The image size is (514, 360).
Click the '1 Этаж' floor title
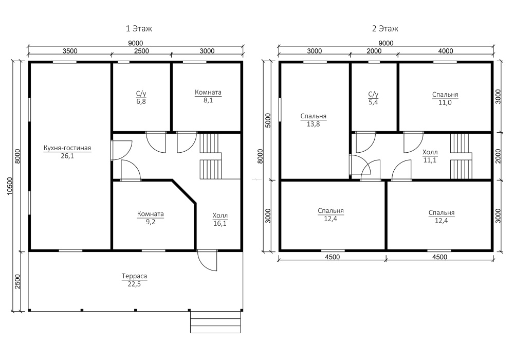(139, 28)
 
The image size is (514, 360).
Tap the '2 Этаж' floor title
(385, 28)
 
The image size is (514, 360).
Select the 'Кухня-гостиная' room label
(67, 148)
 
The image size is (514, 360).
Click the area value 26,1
(67, 156)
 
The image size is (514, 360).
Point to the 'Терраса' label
(134, 276)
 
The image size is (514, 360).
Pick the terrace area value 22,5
(134, 284)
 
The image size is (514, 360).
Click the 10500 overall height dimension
(10, 186)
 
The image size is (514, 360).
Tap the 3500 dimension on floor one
(69, 51)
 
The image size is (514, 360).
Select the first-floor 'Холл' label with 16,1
(220, 215)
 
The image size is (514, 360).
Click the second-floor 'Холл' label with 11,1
(430, 152)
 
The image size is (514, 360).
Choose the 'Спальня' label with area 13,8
(314, 116)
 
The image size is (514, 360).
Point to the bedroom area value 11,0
(445, 102)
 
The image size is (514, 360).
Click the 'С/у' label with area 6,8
(141, 94)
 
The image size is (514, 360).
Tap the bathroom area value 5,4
(373, 102)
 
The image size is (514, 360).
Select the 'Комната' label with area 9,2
(151, 214)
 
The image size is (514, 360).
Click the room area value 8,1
(208, 100)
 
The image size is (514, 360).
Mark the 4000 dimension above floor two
(446, 51)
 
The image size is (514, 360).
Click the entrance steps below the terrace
(215, 322)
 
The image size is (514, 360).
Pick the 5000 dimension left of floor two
(268, 120)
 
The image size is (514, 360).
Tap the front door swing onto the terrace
(207, 261)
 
